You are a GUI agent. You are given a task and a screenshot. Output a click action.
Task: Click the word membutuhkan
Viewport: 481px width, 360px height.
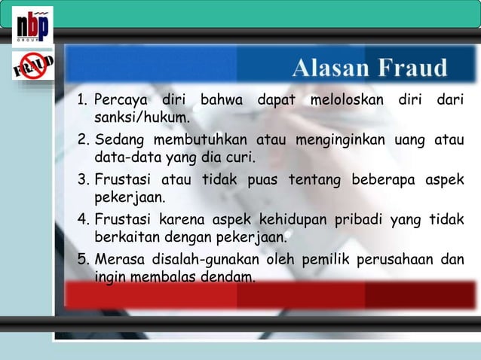[201, 141]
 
